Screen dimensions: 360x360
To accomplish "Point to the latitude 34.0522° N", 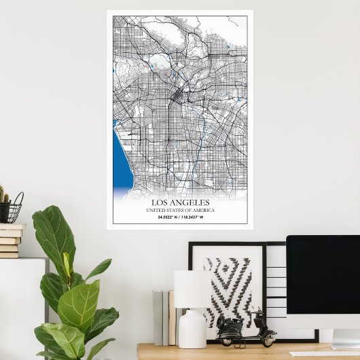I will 166,217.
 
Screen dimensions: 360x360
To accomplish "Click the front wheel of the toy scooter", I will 269,338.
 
